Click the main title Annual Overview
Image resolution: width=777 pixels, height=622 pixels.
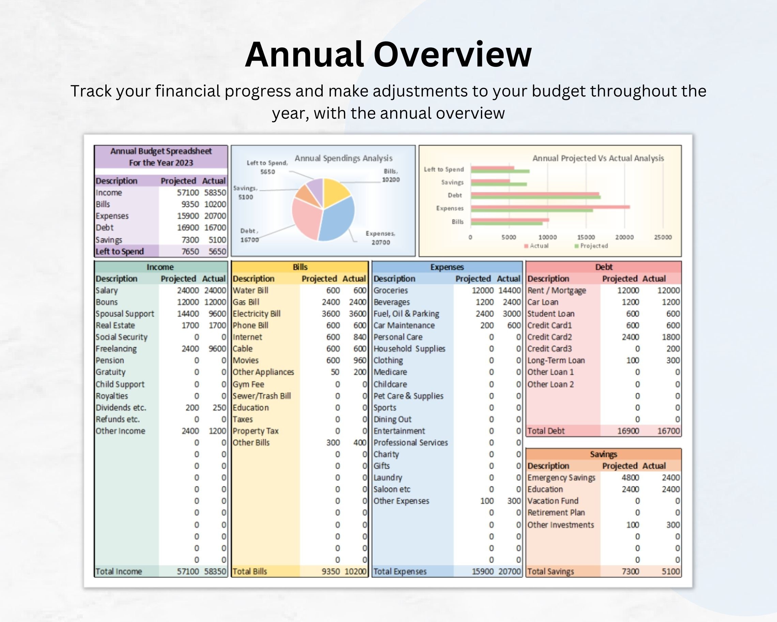(x=388, y=55)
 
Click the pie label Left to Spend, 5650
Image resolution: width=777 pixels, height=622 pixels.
(x=267, y=167)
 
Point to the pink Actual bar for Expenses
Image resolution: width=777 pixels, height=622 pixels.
(x=550, y=207)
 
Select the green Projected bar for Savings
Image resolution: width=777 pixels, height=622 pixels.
(x=499, y=184)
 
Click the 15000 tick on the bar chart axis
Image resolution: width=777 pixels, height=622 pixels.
(x=585, y=237)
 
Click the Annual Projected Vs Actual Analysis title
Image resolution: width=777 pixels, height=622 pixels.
(x=598, y=158)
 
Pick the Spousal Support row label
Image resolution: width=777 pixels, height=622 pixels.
(x=125, y=314)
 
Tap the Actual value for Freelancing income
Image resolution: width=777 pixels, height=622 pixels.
(x=217, y=349)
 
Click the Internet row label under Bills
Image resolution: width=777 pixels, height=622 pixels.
(x=247, y=337)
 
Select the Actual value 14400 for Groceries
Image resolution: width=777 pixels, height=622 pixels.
(x=509, y=290)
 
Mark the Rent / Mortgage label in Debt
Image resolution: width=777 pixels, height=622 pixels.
(x=557, y=290)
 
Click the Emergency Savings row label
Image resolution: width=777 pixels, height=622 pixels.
(x=561, y=477)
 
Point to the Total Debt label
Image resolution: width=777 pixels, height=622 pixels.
(x=546, y=431)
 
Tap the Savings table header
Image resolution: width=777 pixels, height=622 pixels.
(x=603, y=454)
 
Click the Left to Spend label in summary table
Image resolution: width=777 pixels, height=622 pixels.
(x=120, y=251)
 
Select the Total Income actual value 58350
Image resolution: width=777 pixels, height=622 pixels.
(x=215, y=572)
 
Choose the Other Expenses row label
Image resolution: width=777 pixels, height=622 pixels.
(x=401, y=501)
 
